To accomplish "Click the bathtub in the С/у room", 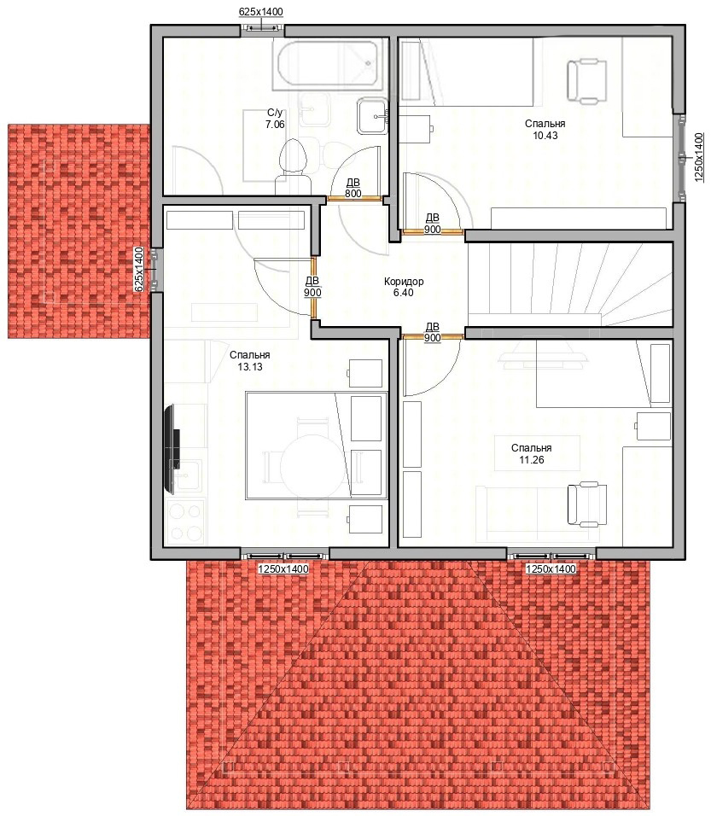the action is (x=328, y=66).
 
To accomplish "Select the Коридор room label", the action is (x=404, y=282).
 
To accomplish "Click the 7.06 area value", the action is (x=275, y=125).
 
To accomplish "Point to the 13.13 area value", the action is (x=250, y=367).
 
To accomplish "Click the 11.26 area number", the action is (x=532, y=460).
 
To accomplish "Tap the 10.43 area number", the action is (x=545, y=136).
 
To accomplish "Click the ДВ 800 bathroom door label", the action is (x=353, y=188).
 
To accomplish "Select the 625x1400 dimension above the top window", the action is (x=261, y=11).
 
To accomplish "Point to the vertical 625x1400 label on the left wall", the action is (x=138, y=269).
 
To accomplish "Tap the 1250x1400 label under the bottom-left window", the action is (x=283, y=569).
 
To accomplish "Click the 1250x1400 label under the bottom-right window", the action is (x=551, y=569).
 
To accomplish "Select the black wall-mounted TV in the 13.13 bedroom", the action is (x=172, y=450).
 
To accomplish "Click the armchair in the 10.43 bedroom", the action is (x=586, y=81).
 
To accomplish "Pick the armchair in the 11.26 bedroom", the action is (x=587, y=504).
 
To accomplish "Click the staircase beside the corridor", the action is (x=570, y=285).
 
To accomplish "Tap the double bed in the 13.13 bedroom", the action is (x=317, y=446).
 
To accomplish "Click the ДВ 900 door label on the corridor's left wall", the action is (x=312, y=287).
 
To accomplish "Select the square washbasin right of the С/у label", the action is (x=372, y=116).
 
